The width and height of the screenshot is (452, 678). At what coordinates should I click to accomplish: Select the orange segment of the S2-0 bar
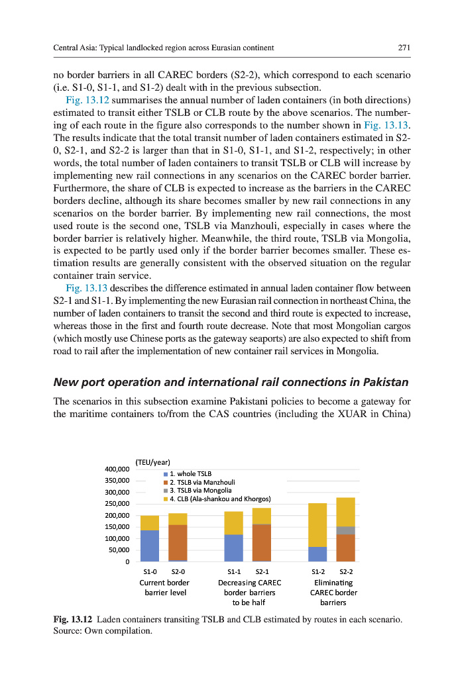point(178,543)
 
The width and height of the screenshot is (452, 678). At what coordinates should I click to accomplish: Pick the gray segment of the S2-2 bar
point(345,530)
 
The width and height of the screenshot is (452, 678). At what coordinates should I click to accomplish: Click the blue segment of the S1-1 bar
point(233,548)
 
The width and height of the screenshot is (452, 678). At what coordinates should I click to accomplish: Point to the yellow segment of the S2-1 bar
point(262,516)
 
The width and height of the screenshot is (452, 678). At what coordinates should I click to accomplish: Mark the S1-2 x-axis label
point(319,571)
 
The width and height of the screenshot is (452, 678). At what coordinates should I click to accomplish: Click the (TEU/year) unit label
point(152,461)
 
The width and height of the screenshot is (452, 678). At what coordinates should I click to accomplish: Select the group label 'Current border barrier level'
point(164,587)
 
